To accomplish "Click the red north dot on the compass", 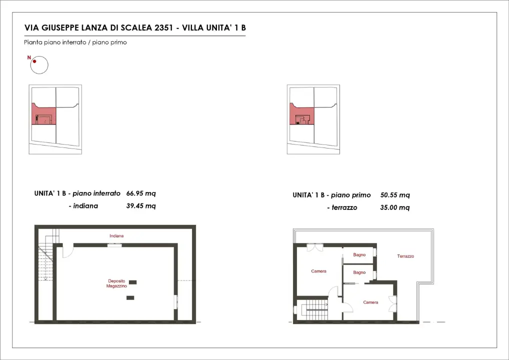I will click(34, 61).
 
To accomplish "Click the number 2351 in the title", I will click(160, 28).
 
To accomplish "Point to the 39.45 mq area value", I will click(141, 205).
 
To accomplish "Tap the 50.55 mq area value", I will click(395, 195).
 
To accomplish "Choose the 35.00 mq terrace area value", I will click(395, 207).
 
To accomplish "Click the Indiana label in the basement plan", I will click(117, 235).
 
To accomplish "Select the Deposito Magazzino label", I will click(116, 283).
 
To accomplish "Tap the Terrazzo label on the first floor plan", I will click(405, 256).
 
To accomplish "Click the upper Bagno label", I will click(359, 255).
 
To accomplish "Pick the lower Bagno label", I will click(359, 272).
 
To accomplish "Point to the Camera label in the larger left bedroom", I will click(318, 271).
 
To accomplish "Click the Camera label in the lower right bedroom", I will click(370, 302).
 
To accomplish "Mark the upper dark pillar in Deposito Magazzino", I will click(132, 282).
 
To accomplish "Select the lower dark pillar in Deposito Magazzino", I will click(130, 298).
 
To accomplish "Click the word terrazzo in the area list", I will click(344, 207).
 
